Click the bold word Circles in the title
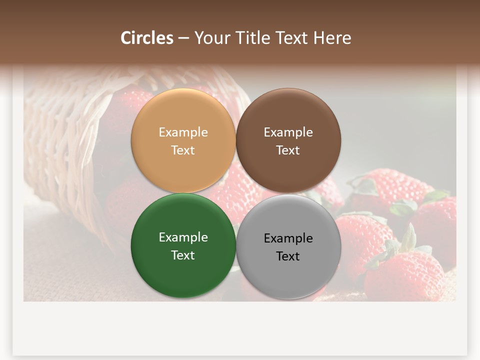147,38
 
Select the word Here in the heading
332,38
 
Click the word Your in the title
211,38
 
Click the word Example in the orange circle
183,132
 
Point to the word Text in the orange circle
183,150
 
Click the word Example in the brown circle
288,132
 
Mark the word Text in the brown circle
288,150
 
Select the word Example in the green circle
183,237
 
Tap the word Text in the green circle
183,255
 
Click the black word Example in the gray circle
288,238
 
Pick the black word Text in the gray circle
288,256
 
